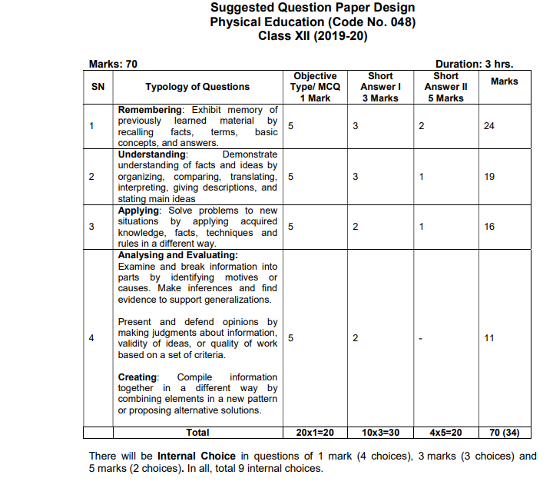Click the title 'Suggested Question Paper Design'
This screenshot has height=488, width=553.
tap(313, 8)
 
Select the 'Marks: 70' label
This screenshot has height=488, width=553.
tap(113, 65)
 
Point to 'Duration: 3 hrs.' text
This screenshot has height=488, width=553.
tap(474, 65)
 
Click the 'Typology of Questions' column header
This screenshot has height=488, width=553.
tap(197, 87)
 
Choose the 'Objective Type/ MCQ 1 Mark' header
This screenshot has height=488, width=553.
tap(315, 87)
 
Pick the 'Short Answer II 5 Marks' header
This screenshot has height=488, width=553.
tap(445, 87)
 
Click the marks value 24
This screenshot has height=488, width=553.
tap(489, 126)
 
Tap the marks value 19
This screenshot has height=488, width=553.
tap(489, 177)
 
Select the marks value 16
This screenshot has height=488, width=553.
tap(489, 227)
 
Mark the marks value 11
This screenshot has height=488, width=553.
tap(489, 338)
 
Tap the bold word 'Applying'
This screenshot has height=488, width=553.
tap(139, 211)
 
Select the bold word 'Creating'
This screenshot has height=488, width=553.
tap(137, 377)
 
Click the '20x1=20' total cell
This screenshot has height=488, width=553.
tap(315, 433)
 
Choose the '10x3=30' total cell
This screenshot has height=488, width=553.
tap(380, 433)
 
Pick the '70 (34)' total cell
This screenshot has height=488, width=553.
tap(504, 433)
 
